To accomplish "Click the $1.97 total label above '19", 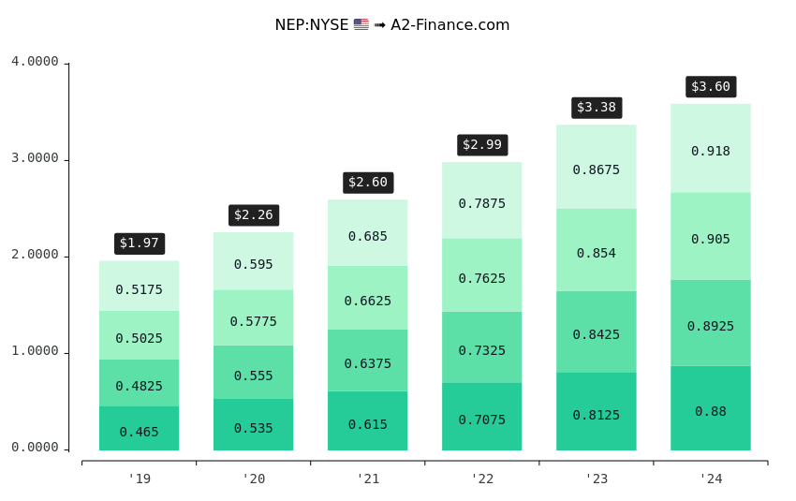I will click(x=140, y=243).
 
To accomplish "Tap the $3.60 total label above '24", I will click(x=711, y=87).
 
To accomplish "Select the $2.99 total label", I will click(x=482, y=145).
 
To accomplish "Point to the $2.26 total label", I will click(x=254, y=215).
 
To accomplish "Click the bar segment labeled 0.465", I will click(x=140, y=429).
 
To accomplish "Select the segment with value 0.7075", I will click(x=482, y=417).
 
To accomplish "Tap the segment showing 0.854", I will click(x=597, y=250).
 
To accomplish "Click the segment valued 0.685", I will click(x=368, y=233).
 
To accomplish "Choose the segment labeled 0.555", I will click(x=254, y=373).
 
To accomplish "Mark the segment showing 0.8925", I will click(x=711, y=323).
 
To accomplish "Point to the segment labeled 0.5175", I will click(x=140, y=287).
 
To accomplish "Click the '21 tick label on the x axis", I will click(x=368, y=479).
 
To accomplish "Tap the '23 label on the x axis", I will click(x=597, y=479).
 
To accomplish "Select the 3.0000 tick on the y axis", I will click(x=35, y=159).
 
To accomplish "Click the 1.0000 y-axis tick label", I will click(x=35, y=352).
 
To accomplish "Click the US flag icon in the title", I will click(x=361, y=25).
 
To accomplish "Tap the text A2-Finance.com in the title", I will click(x=450, y=25).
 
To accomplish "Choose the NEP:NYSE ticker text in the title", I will click(x=311, y=25).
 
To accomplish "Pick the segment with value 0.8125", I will click(x=597, y=412).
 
